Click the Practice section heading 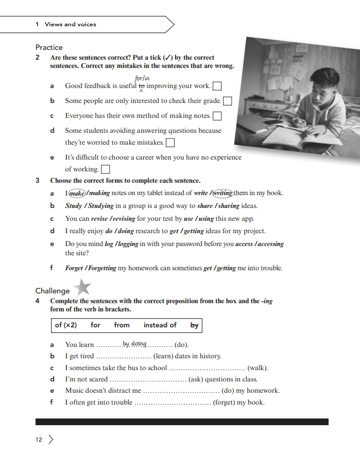(x=49, y=47)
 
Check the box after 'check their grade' (x=227, y=101)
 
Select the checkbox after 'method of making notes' (x=217, y=116)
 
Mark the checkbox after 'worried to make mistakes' (x=170, y=143)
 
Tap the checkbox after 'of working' (x=106, y=169)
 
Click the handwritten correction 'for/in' (x=142, y=78)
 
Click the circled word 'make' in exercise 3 (x=77, y=193)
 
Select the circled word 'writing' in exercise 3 (x=222, y=193)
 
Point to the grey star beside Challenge (x=82, y=287)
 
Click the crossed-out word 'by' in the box (x=194, y=325)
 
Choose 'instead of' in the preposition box (x=160, y=325)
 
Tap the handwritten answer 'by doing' (x=135, y=344)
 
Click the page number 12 (x=39, y=440)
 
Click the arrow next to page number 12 (x=50, y=440)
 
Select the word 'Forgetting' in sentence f (x=101, y=268)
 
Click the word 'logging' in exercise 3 (x=127, y=244)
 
